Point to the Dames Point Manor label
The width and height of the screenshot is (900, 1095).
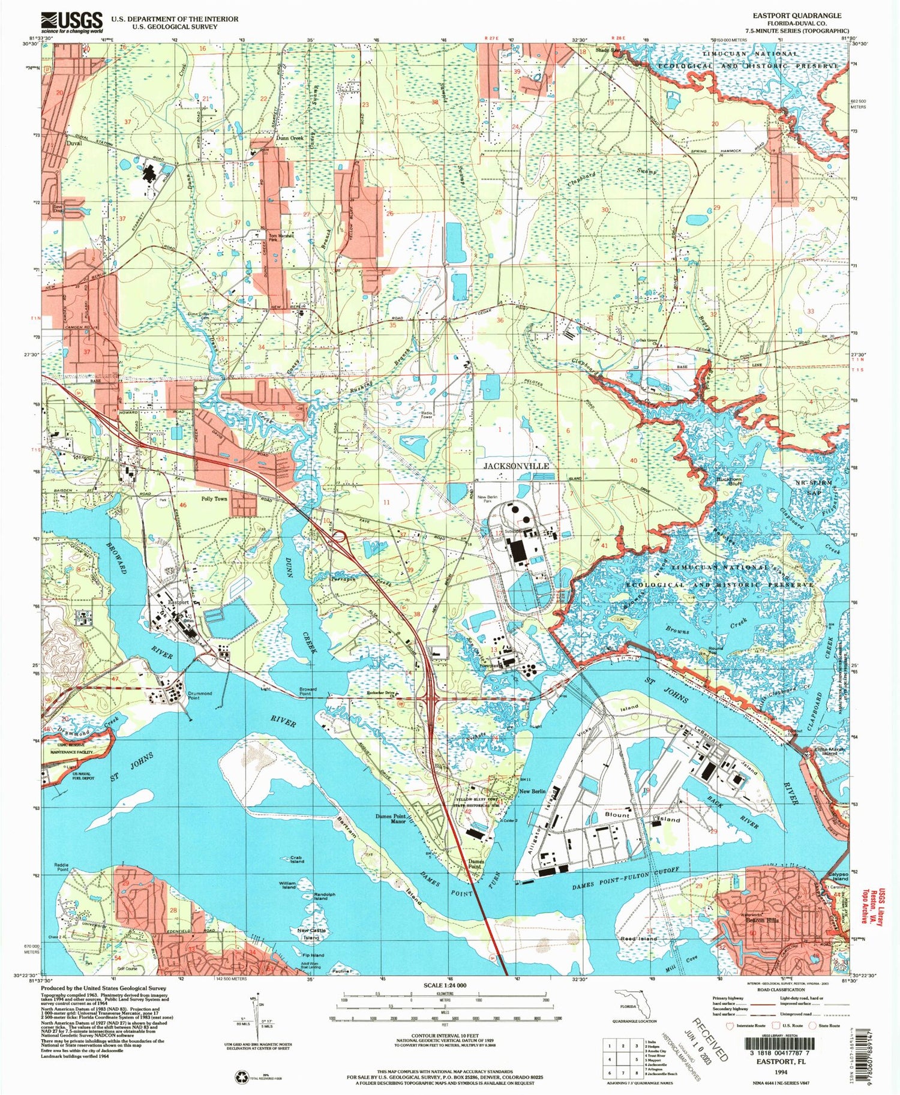click(391, 819)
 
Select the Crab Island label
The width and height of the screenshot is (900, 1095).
click(297, 859)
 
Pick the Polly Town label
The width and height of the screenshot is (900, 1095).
click(214, 499)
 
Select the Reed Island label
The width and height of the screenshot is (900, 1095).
click(639, 938)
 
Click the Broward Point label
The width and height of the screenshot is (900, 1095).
click(308, 692)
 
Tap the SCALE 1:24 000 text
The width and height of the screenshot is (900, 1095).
click(445, 986)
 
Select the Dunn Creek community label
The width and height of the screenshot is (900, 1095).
click(290, 138)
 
